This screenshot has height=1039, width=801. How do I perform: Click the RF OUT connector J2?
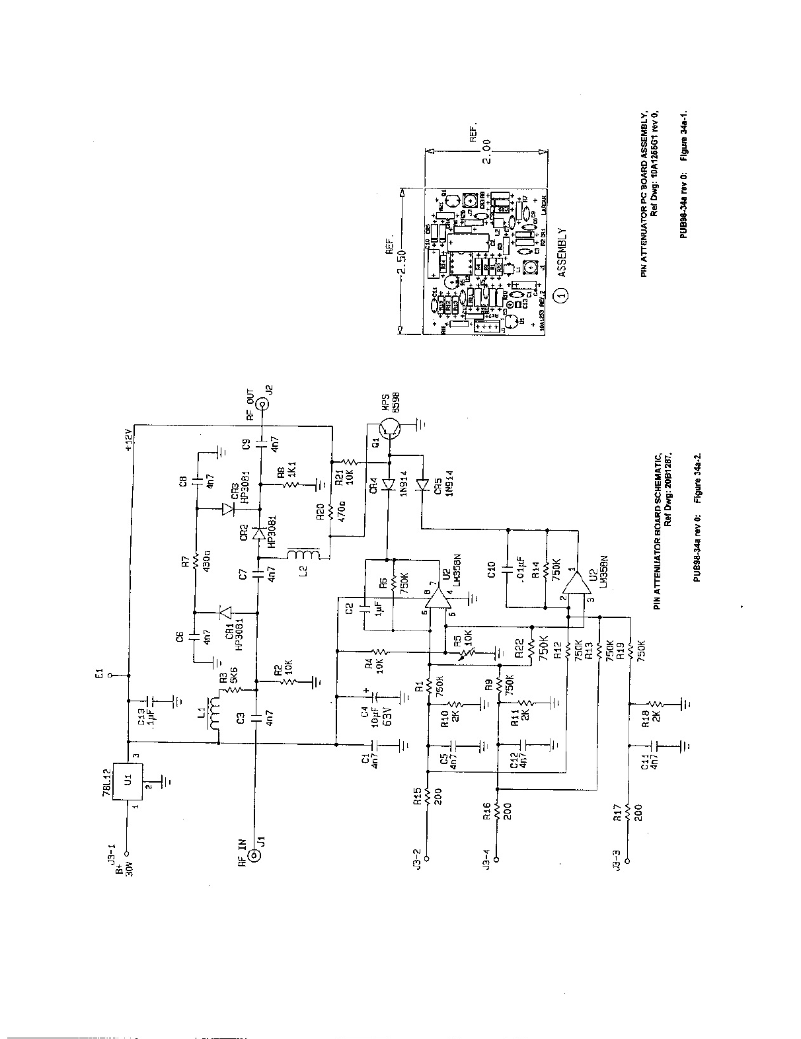click(x=261, y=400)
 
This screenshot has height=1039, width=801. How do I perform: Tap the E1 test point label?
click(x=98, y=675)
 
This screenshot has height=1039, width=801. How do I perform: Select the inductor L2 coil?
click(x=303, y=554)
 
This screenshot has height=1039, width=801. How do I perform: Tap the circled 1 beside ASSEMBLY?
click(x=562, y=295)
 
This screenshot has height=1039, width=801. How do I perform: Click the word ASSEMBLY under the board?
click(x=562, y=252)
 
